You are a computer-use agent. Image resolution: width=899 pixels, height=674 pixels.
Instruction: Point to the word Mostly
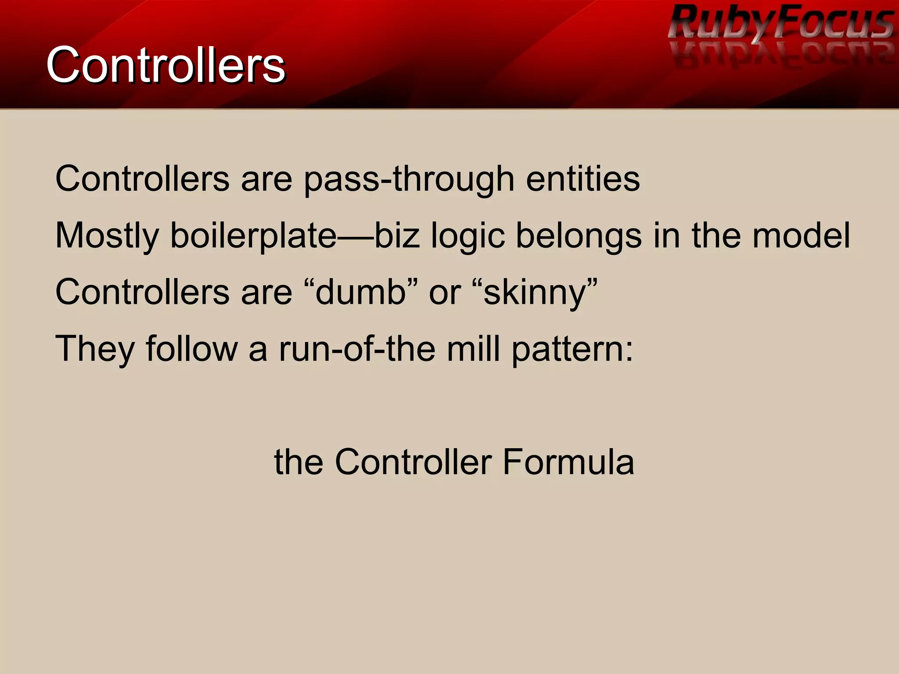click(107, 236)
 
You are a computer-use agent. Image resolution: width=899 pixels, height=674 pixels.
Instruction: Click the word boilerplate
click(253, 236)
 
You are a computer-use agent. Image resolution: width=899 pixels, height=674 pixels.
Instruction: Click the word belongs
click(579, 236)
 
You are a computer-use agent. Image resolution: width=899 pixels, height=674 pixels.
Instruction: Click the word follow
click(191, 349)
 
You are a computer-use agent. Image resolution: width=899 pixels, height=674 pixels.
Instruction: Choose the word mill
click(473, 349)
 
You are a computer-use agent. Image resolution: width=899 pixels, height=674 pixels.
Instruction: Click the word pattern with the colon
click(572, 349)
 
